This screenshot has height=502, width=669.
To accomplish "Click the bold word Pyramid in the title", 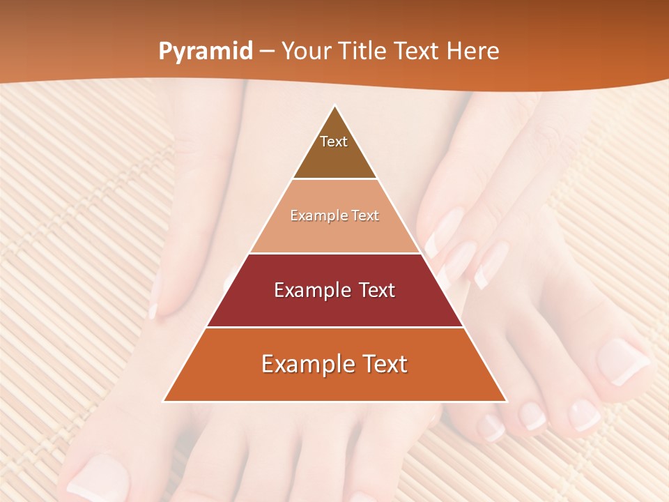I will click(x=206, y=52).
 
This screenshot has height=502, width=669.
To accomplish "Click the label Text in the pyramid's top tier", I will click(x=334, y=142).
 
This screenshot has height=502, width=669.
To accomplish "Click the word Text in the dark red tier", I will click(x=374, y=290).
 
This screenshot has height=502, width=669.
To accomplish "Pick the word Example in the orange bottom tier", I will click(x=305, y=364).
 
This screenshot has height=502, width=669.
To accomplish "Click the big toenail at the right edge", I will click(x=622, y=361).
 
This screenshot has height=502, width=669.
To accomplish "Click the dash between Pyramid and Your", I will click(x=266, y=52).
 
